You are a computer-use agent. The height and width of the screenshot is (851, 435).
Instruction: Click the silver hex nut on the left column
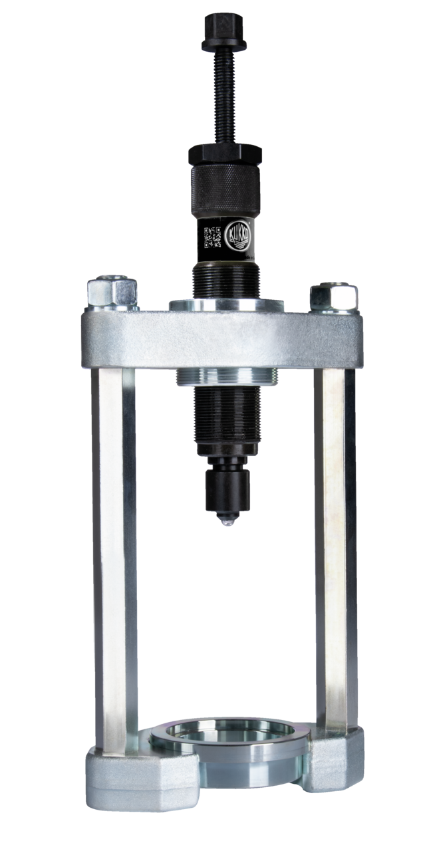pyautogui.click(x=112, y=291)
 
